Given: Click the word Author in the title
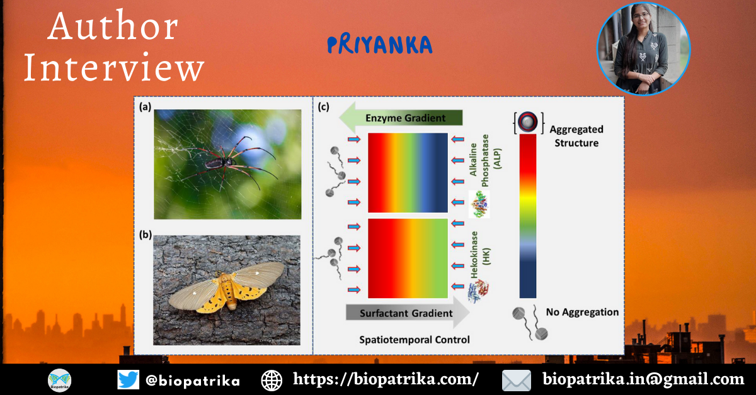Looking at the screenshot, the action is click(x=113, y=26).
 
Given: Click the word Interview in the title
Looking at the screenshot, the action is click(x=114, y=67).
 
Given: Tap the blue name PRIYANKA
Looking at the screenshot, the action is click(x=380, y=45).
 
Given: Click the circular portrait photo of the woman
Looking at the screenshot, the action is click(x=644, y=49).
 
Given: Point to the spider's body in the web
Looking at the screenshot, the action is click(x=221, y=163).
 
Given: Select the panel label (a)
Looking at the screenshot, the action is click(x=145, y=107).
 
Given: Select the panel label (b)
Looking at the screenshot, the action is click(x=146, y=235).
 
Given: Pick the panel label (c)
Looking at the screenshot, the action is click(x=323, y=107).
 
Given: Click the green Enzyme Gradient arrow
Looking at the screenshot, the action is click(x=401, y=118).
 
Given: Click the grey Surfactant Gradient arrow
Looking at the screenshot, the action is click(x=408, y=313).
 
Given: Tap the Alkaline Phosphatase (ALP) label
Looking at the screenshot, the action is click(x=485, y=160).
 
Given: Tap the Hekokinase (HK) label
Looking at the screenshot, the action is click(x=479, y=255).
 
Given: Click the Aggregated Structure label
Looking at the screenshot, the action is click(x=576, y=136).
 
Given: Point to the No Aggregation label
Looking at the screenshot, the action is click(x=582, y=312).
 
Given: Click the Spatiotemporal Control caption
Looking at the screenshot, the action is click(x=415, y=340).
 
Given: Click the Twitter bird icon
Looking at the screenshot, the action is click(x=129, y=380).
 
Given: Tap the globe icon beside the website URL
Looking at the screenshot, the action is click(x=272, y=381).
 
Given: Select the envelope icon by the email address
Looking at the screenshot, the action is click(x=517, y=381).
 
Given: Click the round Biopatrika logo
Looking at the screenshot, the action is click(x=59, y=381).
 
